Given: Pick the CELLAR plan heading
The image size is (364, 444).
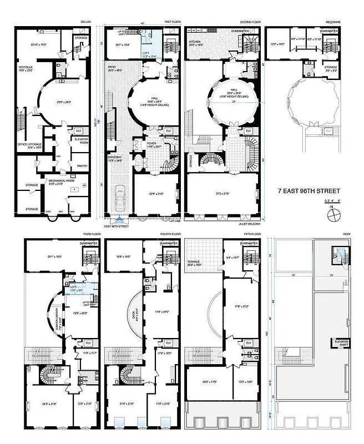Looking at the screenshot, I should (x=85, y=23).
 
